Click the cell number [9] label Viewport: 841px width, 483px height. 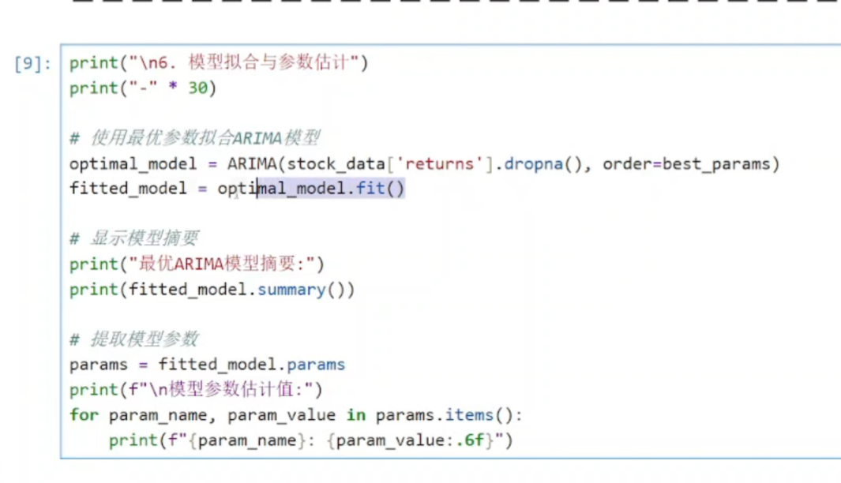pyautogui.click(x=33, y=63)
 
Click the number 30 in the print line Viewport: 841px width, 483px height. pyautogui.click(x=197, y=88)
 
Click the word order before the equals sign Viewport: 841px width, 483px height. pyautogui.click(x=627, y=164)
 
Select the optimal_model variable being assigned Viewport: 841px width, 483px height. pyautogui.click(x=133, y=164)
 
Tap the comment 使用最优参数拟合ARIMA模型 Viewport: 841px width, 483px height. pyautogui.click(x=205, y=138)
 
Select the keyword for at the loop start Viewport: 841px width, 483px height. pyautogui.click(x=84, y=415)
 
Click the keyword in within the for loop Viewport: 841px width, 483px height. pyautogui.click(x=356, y=415)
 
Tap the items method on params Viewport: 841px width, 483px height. pyautogui.click(x=469, y=415)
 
